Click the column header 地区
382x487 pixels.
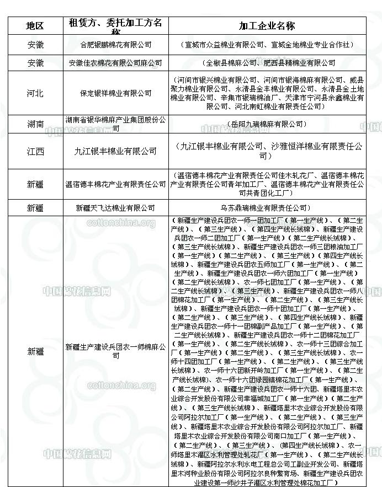click(x=35, y=26)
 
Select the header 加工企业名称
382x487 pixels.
click(x=267, y=26)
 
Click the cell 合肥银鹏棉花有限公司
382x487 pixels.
click(x=115, y=45)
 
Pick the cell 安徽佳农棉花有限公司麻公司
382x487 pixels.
click(x=115, y=63)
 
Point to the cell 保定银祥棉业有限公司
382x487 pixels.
click(x=115, y=93)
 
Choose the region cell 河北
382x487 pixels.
click(x=35, y=93)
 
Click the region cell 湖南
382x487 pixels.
click(x=35, y=124)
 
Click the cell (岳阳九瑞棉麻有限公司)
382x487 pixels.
click(x=267, y=124)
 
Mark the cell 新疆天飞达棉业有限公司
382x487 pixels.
click(x=115, y=208)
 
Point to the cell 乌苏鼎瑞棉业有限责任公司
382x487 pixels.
click(x=267, y=208)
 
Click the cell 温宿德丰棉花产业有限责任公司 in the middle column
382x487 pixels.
click(x=115, y=184)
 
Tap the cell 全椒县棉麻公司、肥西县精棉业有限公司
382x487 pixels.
click(x=267, y=63)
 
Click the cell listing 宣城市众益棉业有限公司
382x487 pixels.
click(x=267, y=45)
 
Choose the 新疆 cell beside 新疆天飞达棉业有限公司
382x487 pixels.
click(x=35, y=208)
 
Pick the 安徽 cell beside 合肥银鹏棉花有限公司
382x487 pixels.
click(x=35, y=45)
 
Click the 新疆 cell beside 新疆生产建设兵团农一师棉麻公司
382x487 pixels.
click(x=35, y=351)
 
